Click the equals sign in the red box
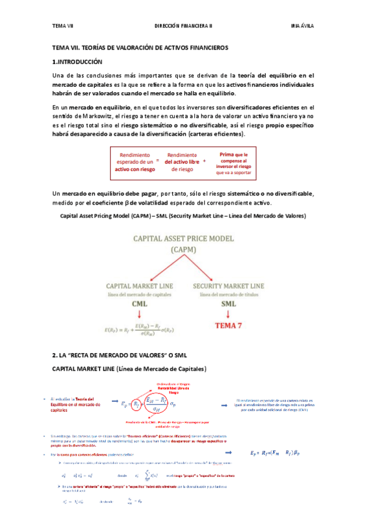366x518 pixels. (157, 160)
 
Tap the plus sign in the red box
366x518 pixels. (203, 160)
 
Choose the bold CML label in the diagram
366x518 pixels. (140, 303)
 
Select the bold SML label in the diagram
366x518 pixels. (229, 303)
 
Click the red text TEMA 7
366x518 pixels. (229, 326)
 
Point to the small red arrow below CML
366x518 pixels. (140, 314)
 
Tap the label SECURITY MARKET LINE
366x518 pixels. (229, 285)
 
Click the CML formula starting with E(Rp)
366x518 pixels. (140, 330)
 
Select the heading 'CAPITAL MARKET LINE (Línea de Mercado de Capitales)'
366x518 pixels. (130, 369)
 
